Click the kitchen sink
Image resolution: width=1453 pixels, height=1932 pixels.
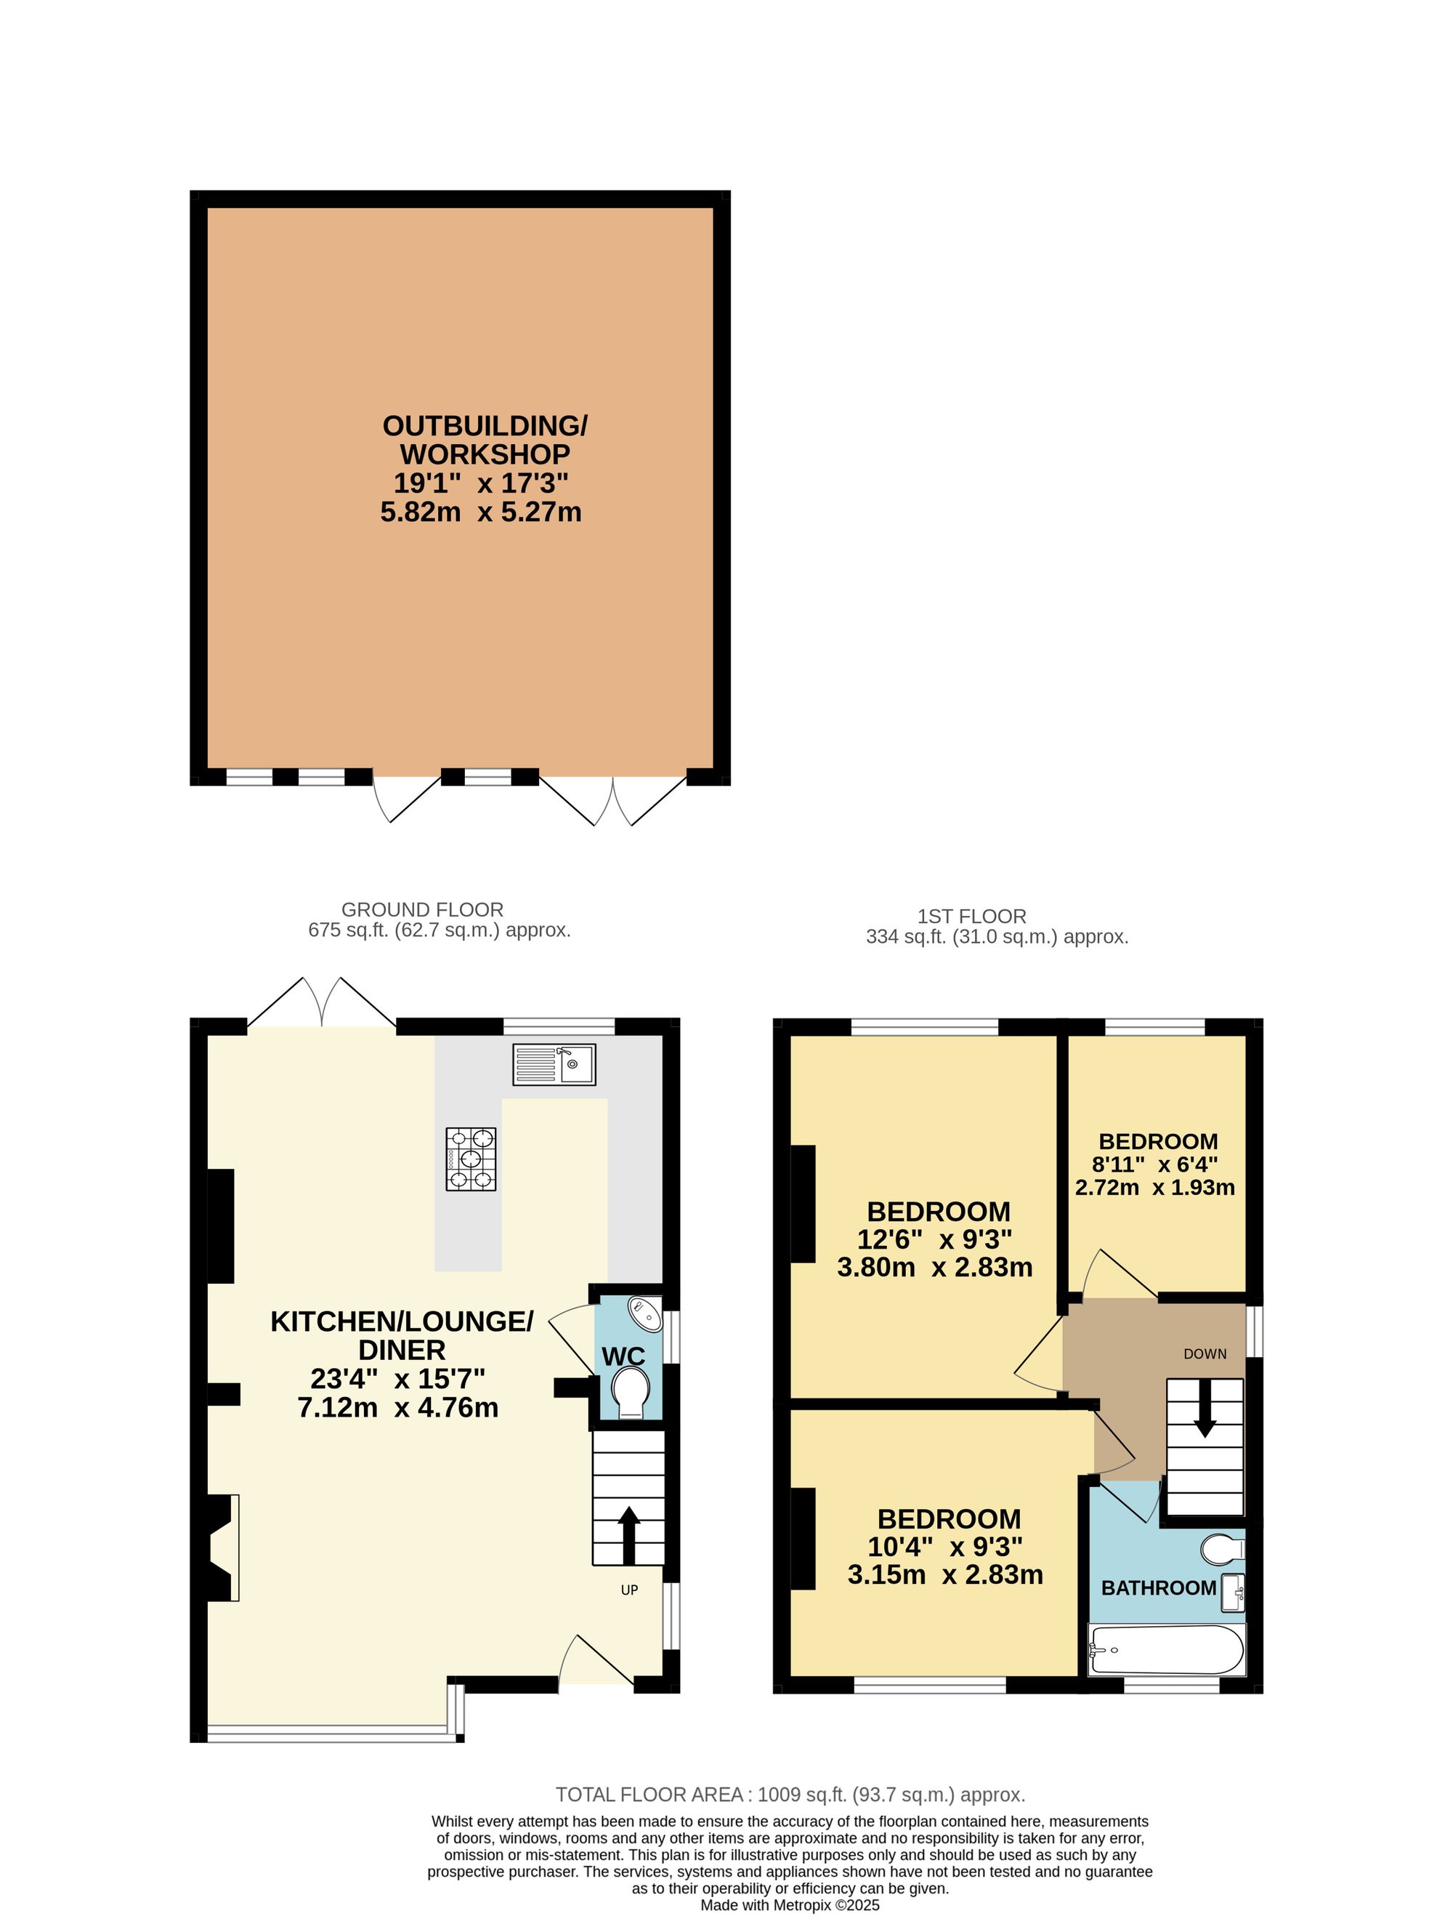pos(554,1064)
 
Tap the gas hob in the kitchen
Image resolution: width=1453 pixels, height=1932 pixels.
pos(471,1158)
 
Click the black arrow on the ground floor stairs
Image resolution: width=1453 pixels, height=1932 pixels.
pos(628,1535)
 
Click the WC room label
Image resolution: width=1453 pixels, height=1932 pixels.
pos(623,1356)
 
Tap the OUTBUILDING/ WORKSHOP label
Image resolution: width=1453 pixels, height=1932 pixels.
pos(485,440)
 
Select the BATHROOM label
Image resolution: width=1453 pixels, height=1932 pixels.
pos(1159,1588)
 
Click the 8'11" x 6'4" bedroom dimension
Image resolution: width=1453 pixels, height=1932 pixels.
pos(1155,1164)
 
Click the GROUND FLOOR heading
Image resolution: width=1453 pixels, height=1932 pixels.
pos(423,909)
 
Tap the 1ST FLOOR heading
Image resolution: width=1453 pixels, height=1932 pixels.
pos(972,917)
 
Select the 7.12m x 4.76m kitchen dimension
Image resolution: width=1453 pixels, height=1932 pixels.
pos(398,1408)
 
